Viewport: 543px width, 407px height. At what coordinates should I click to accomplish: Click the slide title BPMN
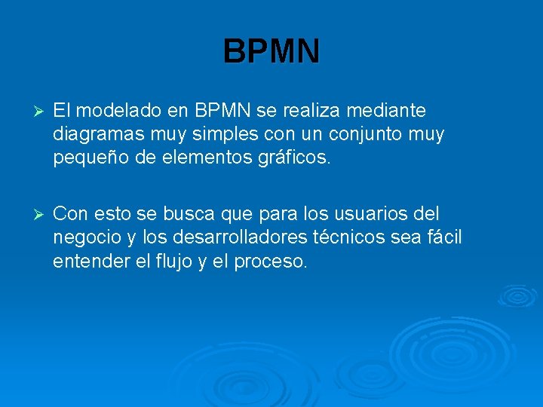(x=271, y=51)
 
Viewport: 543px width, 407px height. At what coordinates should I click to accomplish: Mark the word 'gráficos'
(x=293, y=158)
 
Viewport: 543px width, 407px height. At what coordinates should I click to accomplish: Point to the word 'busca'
(x=188, y=214)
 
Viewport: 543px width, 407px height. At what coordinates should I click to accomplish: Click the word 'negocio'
(x=87, y=237)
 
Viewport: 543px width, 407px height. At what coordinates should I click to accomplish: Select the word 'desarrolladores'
(x=241, y=237)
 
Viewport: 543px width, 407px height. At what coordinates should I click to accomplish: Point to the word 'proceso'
(x=271, y=262)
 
